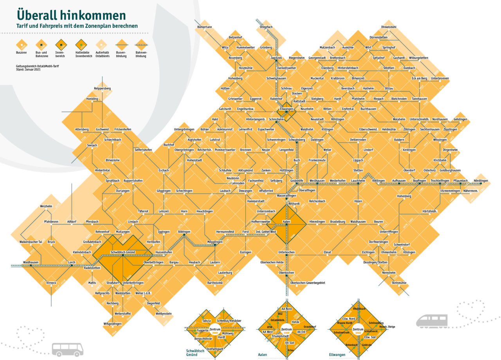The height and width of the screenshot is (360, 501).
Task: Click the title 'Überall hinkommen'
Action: pos(71,15)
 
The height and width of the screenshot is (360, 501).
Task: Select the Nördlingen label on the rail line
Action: pos(481,181)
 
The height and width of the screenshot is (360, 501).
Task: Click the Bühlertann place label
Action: pos(205,27)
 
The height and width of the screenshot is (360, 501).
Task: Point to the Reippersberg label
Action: pos(102,89)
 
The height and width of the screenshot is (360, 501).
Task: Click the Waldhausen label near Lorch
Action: pos(31,262)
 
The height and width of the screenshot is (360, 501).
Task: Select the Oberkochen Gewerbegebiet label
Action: pos(308,282)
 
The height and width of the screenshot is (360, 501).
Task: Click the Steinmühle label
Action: pos(399,282)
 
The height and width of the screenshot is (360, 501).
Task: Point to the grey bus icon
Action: pos(67,349)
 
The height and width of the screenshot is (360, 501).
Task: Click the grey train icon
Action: pos(432,321)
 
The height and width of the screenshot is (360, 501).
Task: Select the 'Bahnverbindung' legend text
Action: pos(141,54)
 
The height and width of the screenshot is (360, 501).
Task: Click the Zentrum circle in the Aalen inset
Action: pos(287,330)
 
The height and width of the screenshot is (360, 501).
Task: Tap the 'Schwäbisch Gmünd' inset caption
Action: pos(195,353)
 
